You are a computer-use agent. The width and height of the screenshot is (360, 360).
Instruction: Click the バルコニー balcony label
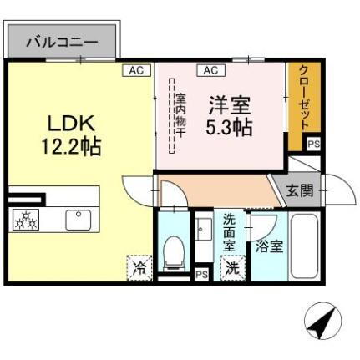coord(63,41)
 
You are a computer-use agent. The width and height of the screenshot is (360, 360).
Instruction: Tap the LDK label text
coord(71,124)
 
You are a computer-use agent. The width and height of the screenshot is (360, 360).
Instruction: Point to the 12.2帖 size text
coord(72,147)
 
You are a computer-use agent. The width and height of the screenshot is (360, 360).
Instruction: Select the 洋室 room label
coord(227,106)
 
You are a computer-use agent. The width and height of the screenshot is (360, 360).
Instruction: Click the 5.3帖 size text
coord(227,128)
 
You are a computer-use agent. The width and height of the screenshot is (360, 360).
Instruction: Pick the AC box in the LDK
coord(135,70)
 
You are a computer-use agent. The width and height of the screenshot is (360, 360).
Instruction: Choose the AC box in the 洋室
coord(209,70)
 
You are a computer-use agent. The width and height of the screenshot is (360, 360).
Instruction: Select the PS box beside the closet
coord(313,143)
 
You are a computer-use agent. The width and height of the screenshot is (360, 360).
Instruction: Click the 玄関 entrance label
coord(300,190)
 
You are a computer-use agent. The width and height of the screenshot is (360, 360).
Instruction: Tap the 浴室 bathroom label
coord(269,246)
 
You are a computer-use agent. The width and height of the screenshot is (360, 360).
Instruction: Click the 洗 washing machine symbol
coord(231,269)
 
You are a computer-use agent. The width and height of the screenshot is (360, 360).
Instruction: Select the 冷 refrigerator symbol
coord(138,269)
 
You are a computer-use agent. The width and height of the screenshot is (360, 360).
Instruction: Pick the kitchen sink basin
coord(79,220)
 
